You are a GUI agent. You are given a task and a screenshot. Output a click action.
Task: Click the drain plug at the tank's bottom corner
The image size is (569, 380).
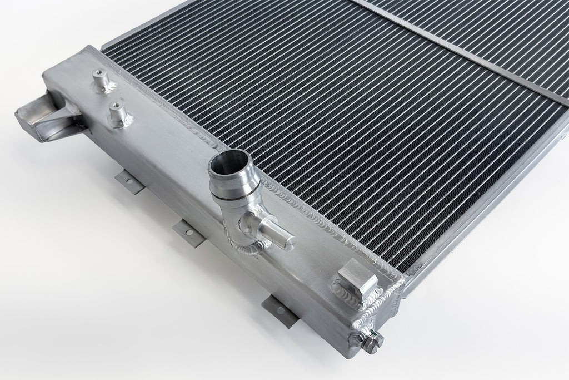pyautogui.click(x=370, y=341)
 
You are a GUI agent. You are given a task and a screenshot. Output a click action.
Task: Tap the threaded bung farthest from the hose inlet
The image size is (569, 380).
pyautogui.click(x=102, y=78)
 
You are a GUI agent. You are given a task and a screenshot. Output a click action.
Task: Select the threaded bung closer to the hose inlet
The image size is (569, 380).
pyautogui.click(x=118, y=112)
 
